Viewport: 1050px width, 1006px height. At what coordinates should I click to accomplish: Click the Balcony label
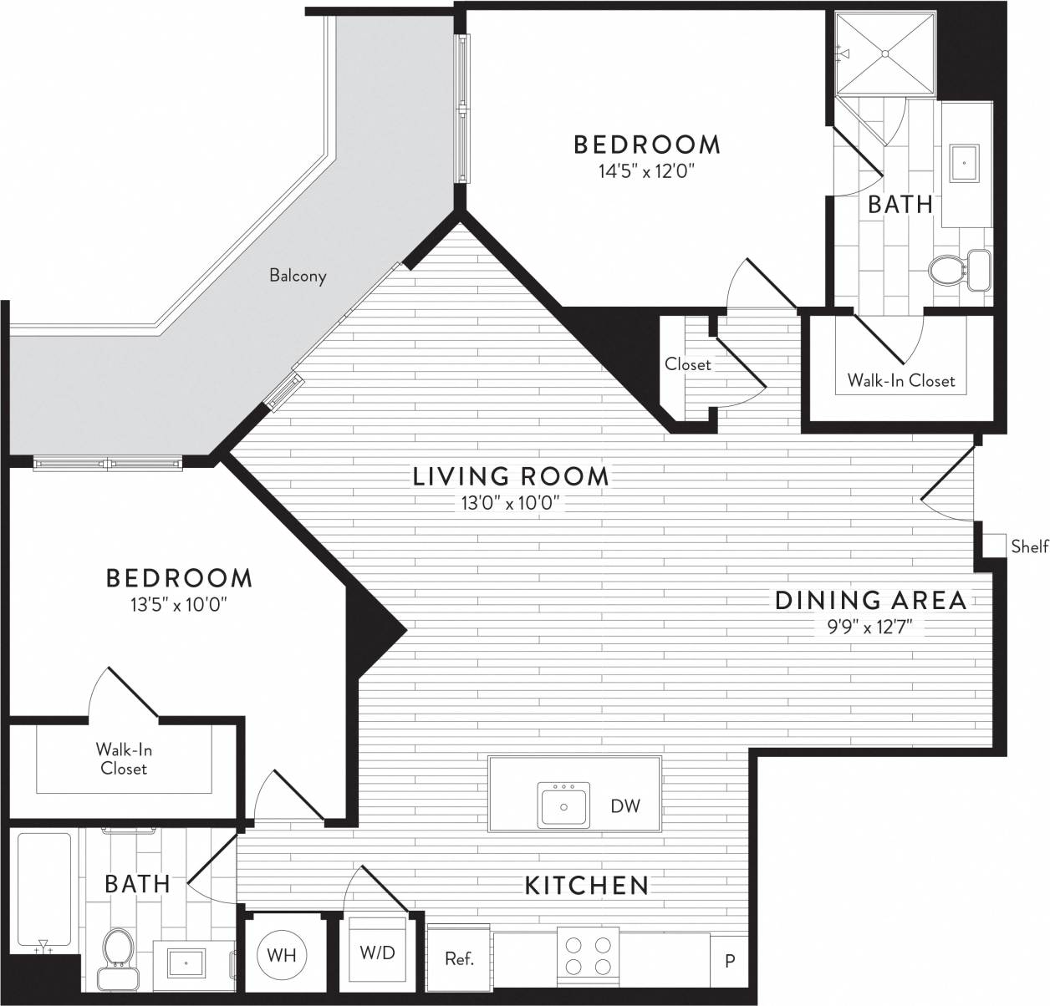[x=298, y=275]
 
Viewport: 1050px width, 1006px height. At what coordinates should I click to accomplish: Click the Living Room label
[x=511, y=476]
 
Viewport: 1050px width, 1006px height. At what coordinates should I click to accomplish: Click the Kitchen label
[x=587, y=885]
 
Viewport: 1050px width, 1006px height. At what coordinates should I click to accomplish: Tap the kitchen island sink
[x=563, y=805]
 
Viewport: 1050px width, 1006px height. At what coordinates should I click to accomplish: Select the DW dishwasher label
[x=625, y=806]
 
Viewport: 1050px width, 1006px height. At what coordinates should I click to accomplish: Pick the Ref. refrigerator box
[x=459, y=959]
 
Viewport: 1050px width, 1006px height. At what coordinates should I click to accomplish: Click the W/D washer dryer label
[x=377, y=953]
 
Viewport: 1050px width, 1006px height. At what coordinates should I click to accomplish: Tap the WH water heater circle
[x=282, y=955]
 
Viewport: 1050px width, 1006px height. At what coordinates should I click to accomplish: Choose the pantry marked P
[x=729, y=961]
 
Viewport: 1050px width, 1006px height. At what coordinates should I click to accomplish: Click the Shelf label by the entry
[x=1029, y=546]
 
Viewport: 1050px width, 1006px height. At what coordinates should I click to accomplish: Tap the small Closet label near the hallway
[x=687, y=364]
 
